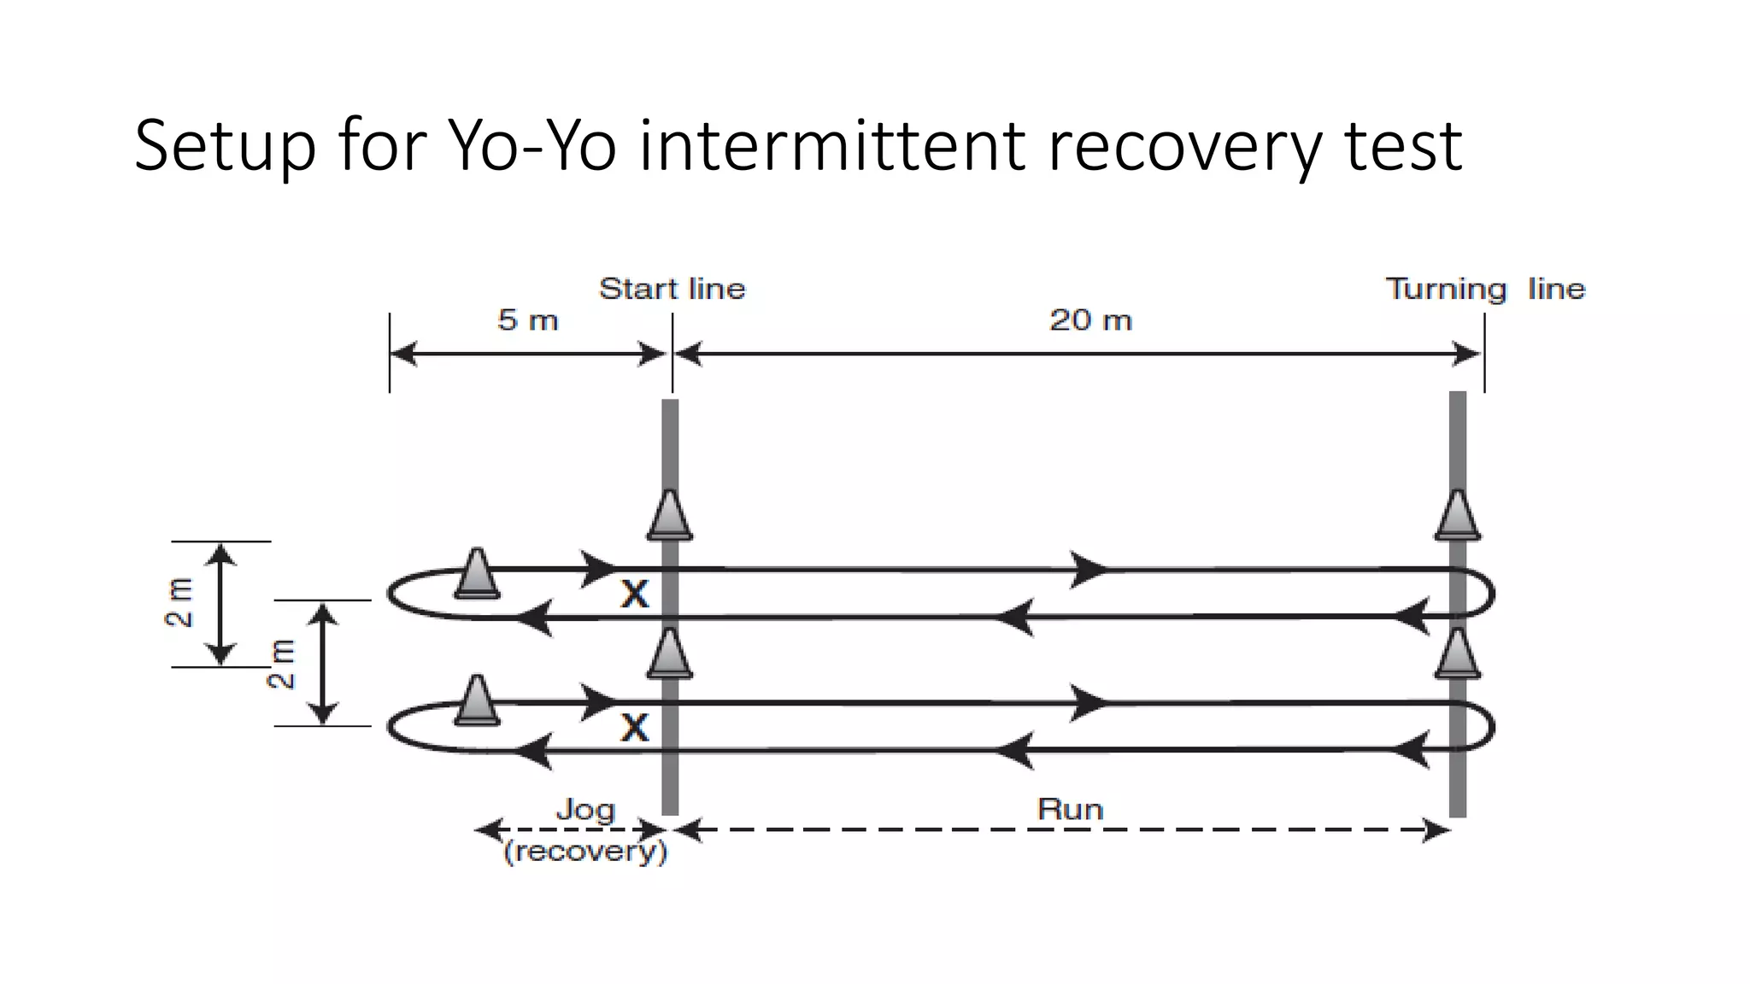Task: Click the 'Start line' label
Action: [x=672, y=289]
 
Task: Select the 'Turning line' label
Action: [x=1485, y=289]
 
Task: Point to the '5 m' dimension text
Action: [x=527, y=320]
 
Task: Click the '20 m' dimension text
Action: [x=1090, y=320]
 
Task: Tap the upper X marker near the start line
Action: [x=634, y=594]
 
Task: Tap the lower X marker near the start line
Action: [x=634, y=728]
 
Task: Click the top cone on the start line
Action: [x=670, y=515]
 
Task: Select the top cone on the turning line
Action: [x=1458, y=515]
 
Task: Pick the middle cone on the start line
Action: [x=670, y=653]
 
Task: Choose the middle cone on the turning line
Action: [x=1458, y=653]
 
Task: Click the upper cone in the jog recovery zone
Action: [x=477, y=573]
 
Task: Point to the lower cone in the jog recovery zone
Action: [x=477, y=700]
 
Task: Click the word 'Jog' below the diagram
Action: [x=585, y=809]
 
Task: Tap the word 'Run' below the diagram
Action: [x=1070, y=809]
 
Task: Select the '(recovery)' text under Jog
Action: [x=585, y=852]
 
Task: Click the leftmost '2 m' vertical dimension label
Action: [x=179, y=603]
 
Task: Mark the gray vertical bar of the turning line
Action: [x=1458, y=444]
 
